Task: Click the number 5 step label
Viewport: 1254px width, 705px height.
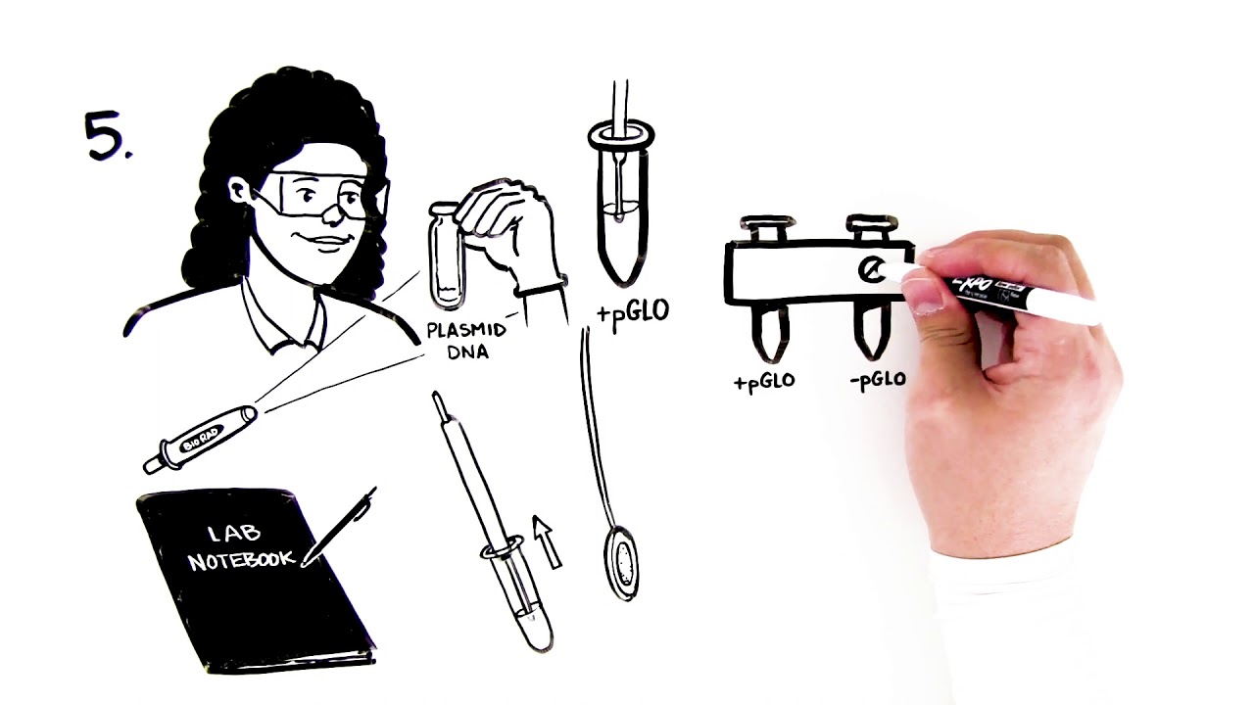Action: click(106, 136)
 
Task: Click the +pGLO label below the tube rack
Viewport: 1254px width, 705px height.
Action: click(764, 382)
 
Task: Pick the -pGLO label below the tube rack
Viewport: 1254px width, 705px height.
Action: click(878, 381)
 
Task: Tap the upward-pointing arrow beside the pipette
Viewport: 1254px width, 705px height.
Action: click(547, 541)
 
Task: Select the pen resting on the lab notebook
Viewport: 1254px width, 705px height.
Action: click(343, 525)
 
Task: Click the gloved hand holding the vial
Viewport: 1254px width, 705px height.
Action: click(509, 230)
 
